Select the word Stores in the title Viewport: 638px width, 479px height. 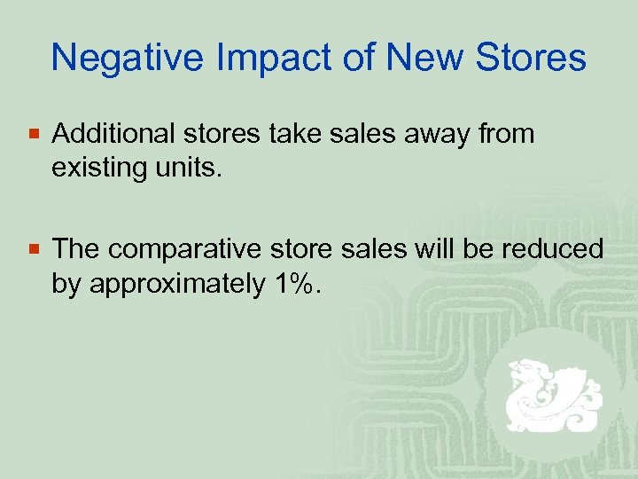[x=531, y=59]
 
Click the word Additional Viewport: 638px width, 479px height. [x=115, y=134]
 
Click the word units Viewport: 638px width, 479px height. [x=190, y=167]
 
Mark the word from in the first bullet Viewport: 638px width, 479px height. [x=506, y=134]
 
